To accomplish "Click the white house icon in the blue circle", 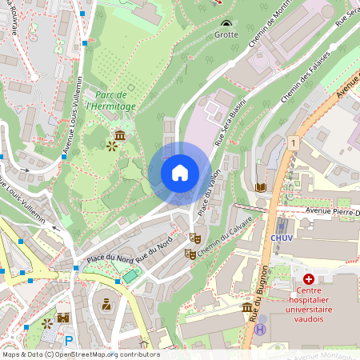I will pyautogui.click(x=179, y=172).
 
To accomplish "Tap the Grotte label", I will pyautogui.click(x=226, y=35).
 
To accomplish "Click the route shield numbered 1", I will pyautogui.click(x=294, y=142).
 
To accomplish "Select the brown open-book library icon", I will pyautogui.click(x=260, y=186).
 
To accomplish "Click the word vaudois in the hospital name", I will pyautogui.click(x=309, y=318).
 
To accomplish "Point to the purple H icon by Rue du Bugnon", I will pyautogui.click(x=260, y=329).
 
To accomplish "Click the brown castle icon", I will pyautogui.click(x=62, y=318).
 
